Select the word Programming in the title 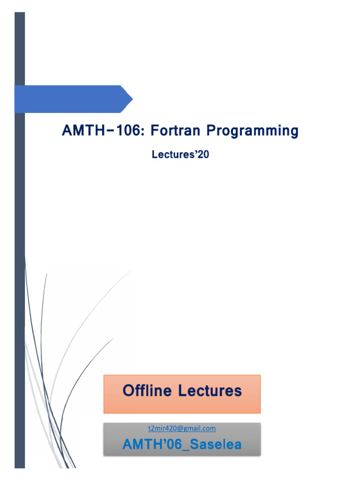(x=253, y=131)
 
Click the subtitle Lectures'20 (x=180, y=155)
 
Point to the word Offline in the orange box (x=148, y=390)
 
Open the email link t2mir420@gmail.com (x=181, y=428)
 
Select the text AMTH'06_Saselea (x=182, y=445)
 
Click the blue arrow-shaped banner (x=70, y=99)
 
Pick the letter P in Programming (x=212, y=131)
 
